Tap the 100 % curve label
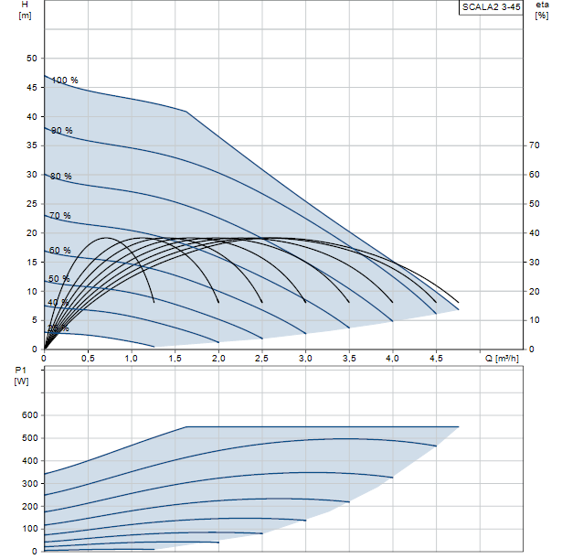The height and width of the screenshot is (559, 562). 65,81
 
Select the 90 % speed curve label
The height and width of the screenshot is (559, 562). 61,131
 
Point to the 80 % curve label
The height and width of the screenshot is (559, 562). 61,176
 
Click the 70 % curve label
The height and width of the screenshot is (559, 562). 59,216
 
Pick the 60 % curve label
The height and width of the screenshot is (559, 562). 59,250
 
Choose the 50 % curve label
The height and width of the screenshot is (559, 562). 58,278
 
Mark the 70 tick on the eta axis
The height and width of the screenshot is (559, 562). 535,145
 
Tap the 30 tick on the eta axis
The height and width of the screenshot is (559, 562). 535,262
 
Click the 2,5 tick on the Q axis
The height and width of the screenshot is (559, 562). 262,359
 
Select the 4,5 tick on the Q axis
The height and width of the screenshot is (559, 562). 436,359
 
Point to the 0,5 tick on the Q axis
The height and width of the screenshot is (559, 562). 88,359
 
